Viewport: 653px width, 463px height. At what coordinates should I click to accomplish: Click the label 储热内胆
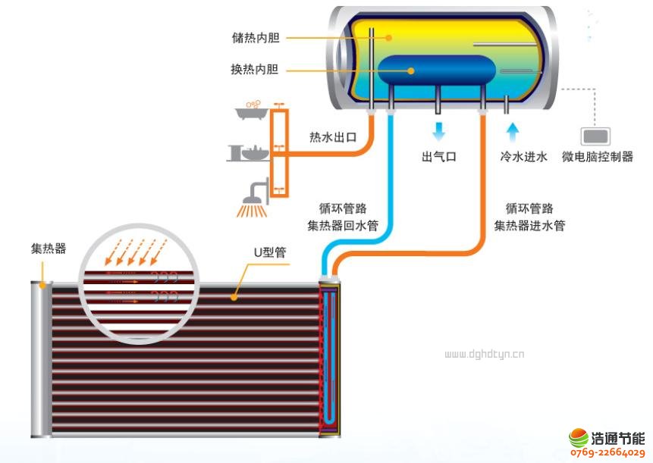click(x=255, y=37)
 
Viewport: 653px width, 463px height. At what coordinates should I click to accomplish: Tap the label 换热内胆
click(x=255, y=70)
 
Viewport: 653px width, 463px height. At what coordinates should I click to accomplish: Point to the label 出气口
click(x=439, y=158)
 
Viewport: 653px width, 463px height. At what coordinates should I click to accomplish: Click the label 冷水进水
click(x=523, y=158)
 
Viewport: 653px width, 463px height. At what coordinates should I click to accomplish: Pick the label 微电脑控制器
click(x=598, y=158)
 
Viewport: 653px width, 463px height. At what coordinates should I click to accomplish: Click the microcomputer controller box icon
click(x=595, y=136)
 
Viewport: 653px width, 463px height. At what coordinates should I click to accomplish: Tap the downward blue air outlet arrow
click(x=439, y=131)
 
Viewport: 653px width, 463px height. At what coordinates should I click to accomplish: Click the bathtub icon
click(x=252, y=111)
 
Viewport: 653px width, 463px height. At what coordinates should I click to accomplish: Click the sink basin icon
click(x=250, y=152)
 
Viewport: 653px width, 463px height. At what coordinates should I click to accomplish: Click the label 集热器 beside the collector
click(x=48, y=249)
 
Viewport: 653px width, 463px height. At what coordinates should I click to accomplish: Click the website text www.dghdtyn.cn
click(x=484, y=354)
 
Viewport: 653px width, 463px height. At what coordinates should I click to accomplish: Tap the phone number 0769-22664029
click(x=606, y=453)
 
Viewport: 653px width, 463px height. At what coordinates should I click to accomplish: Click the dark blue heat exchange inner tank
click(x=436, y=70)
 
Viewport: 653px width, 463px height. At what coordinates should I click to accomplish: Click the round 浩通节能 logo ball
click(x=579, y=439)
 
